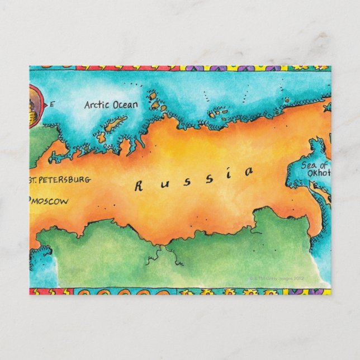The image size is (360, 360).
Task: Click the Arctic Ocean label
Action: click(110, 105)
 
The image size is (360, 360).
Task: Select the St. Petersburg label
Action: click(58, 180)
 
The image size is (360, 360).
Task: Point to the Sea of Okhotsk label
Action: click(316, 169)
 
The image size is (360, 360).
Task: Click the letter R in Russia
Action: click(139, 186)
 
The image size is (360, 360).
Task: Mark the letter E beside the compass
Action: click(52, 104)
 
